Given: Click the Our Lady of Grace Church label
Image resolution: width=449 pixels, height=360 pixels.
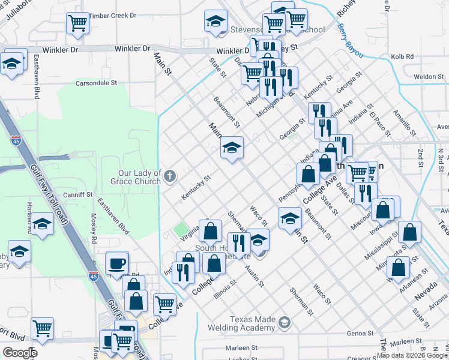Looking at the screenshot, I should (x=139, y=177).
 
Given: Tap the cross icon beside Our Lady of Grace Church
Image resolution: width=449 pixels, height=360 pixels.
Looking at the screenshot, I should (x=170, y=176).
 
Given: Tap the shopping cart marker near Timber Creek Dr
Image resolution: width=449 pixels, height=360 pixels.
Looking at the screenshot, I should (x=78, y=24).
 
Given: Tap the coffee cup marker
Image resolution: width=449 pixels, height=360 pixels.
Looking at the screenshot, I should (x=116, y=263).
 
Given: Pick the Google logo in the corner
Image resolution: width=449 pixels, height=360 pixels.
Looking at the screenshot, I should (x=20, y=352).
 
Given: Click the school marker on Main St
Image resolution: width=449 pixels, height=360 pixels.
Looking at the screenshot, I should (x=232, y=148).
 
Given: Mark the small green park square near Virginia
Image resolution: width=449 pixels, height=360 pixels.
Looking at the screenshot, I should (x=180, y=229).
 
